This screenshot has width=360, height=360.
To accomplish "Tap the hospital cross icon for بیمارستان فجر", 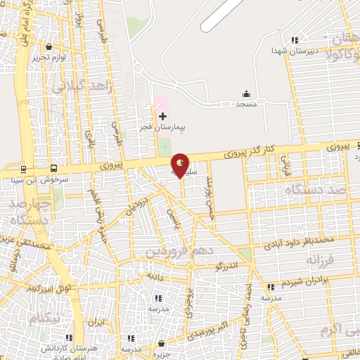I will [x=163, y=116].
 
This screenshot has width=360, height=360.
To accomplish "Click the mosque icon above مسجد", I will [x=245, y=94].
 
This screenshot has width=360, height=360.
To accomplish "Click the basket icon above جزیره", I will [x=163, y=344].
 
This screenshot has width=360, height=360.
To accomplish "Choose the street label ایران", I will [x=96, y=323].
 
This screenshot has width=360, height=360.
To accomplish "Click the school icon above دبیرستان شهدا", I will [x=295, y=40].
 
